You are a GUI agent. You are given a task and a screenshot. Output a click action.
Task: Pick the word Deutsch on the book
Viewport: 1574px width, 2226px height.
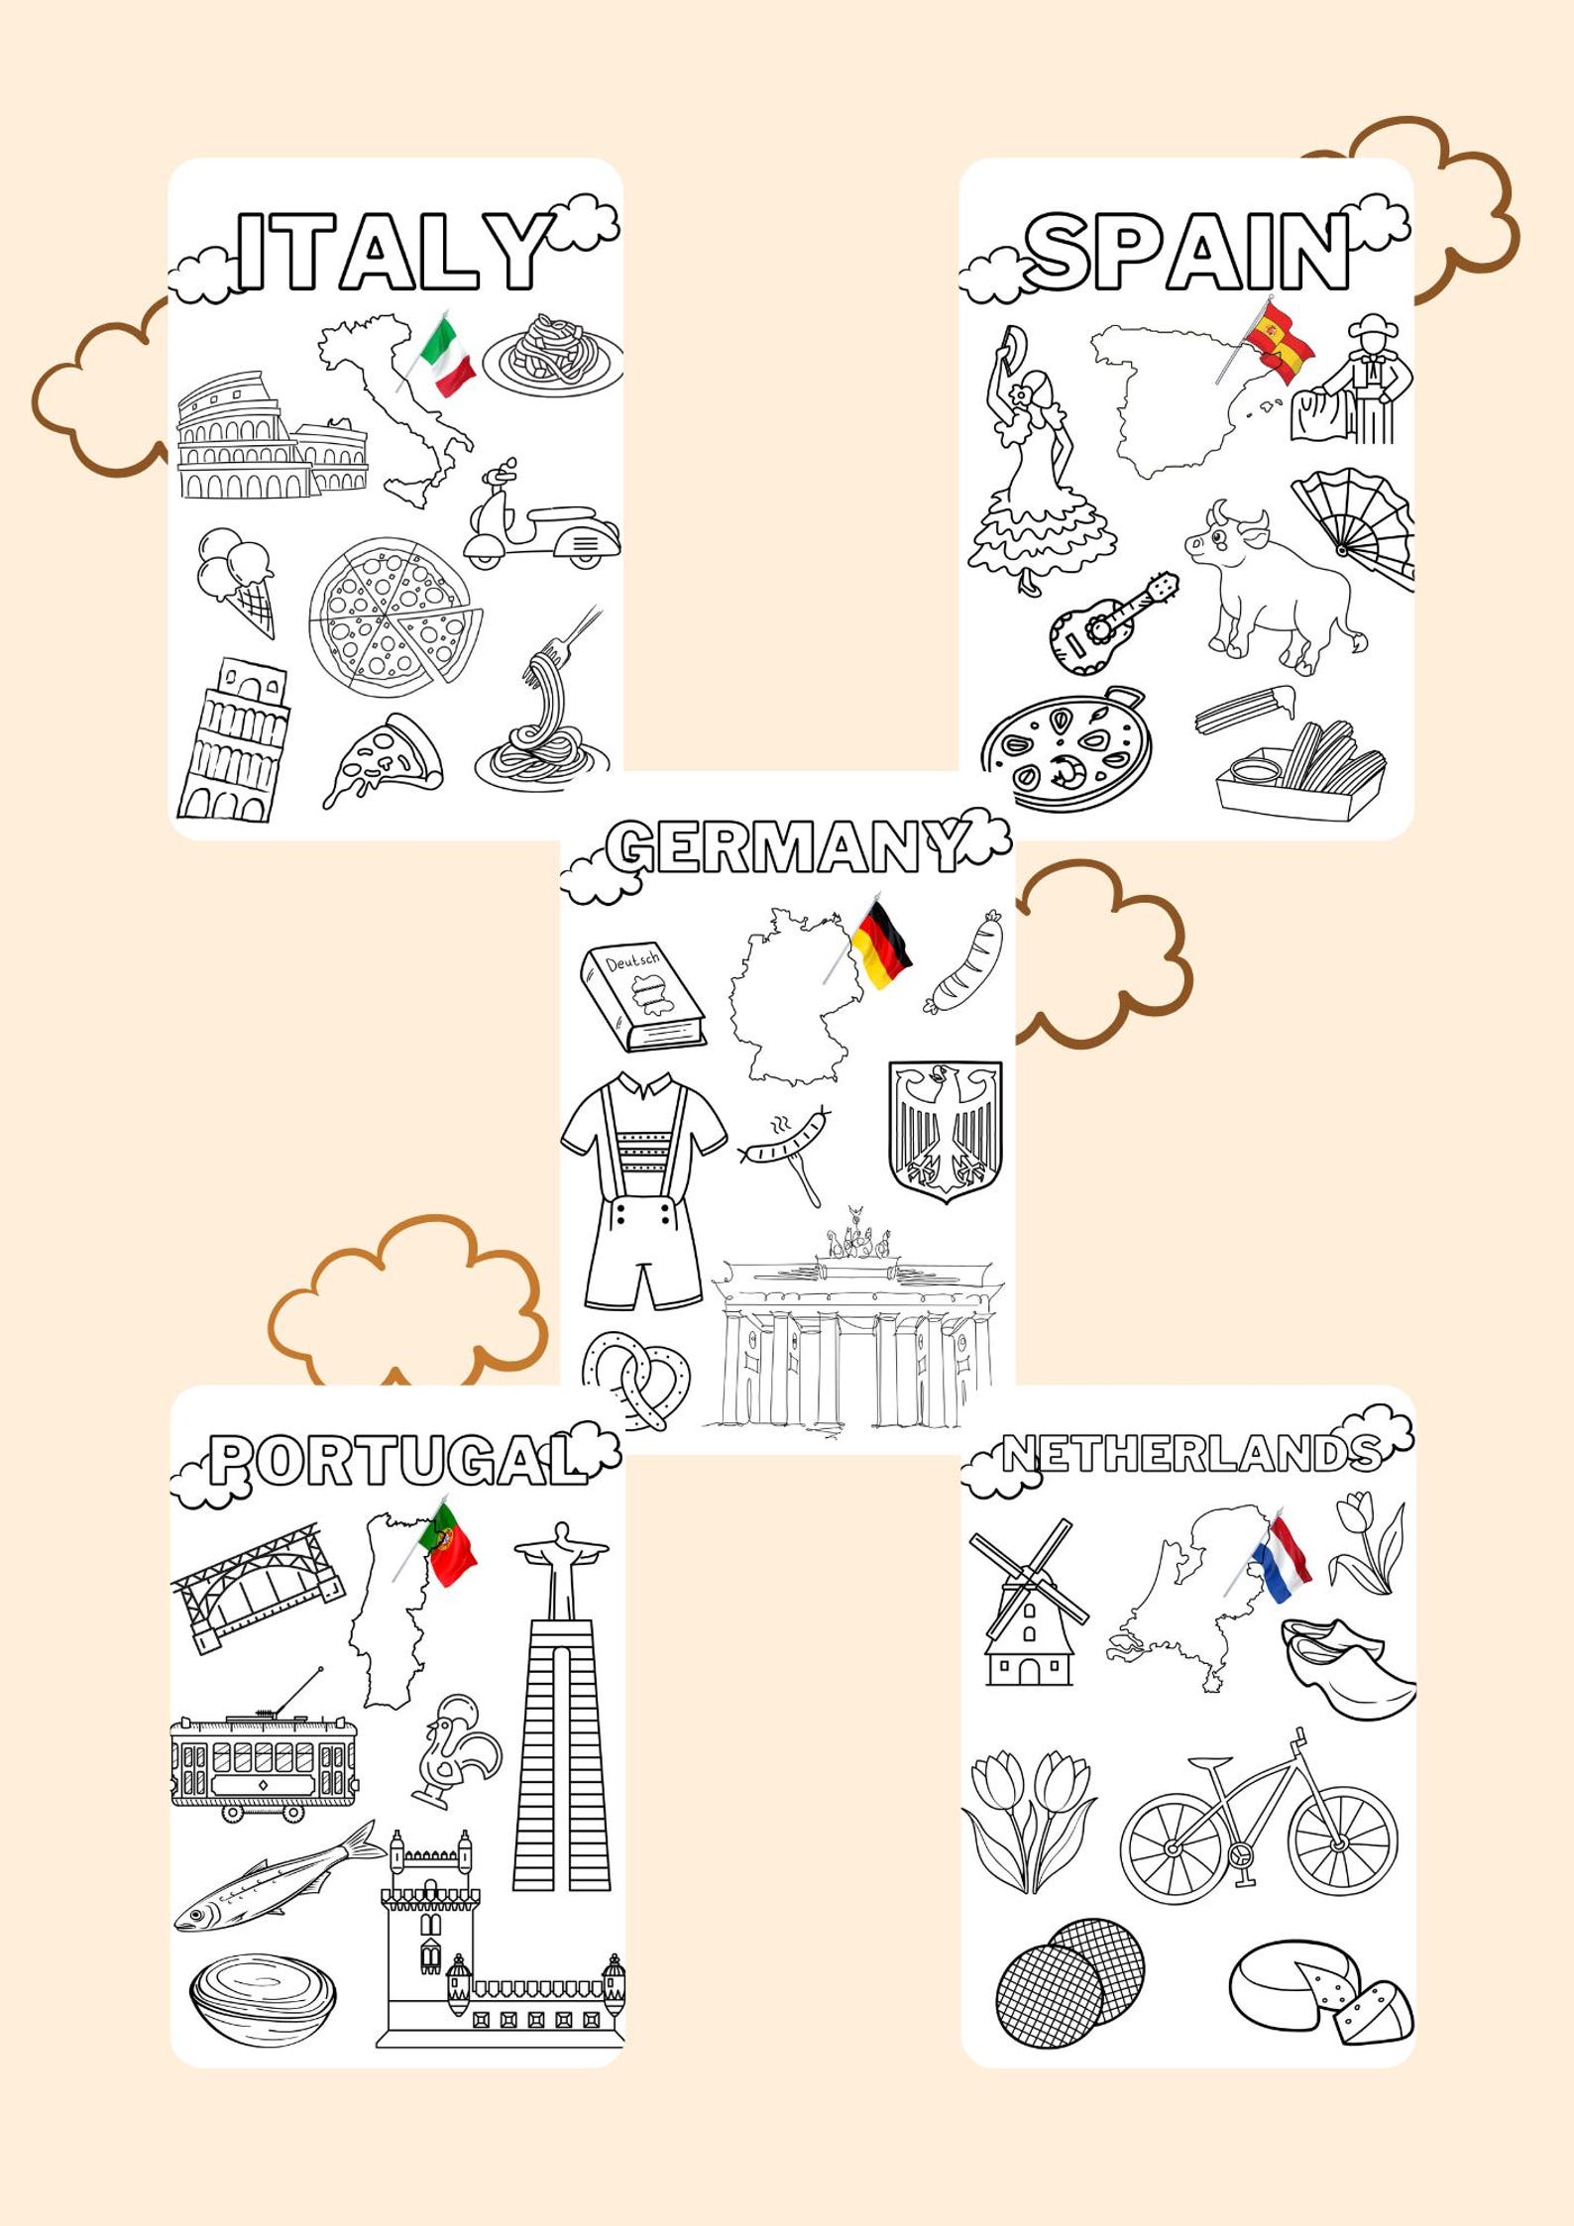point(631,962)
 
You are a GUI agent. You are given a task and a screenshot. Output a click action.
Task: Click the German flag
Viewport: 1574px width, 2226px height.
point(881,946)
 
